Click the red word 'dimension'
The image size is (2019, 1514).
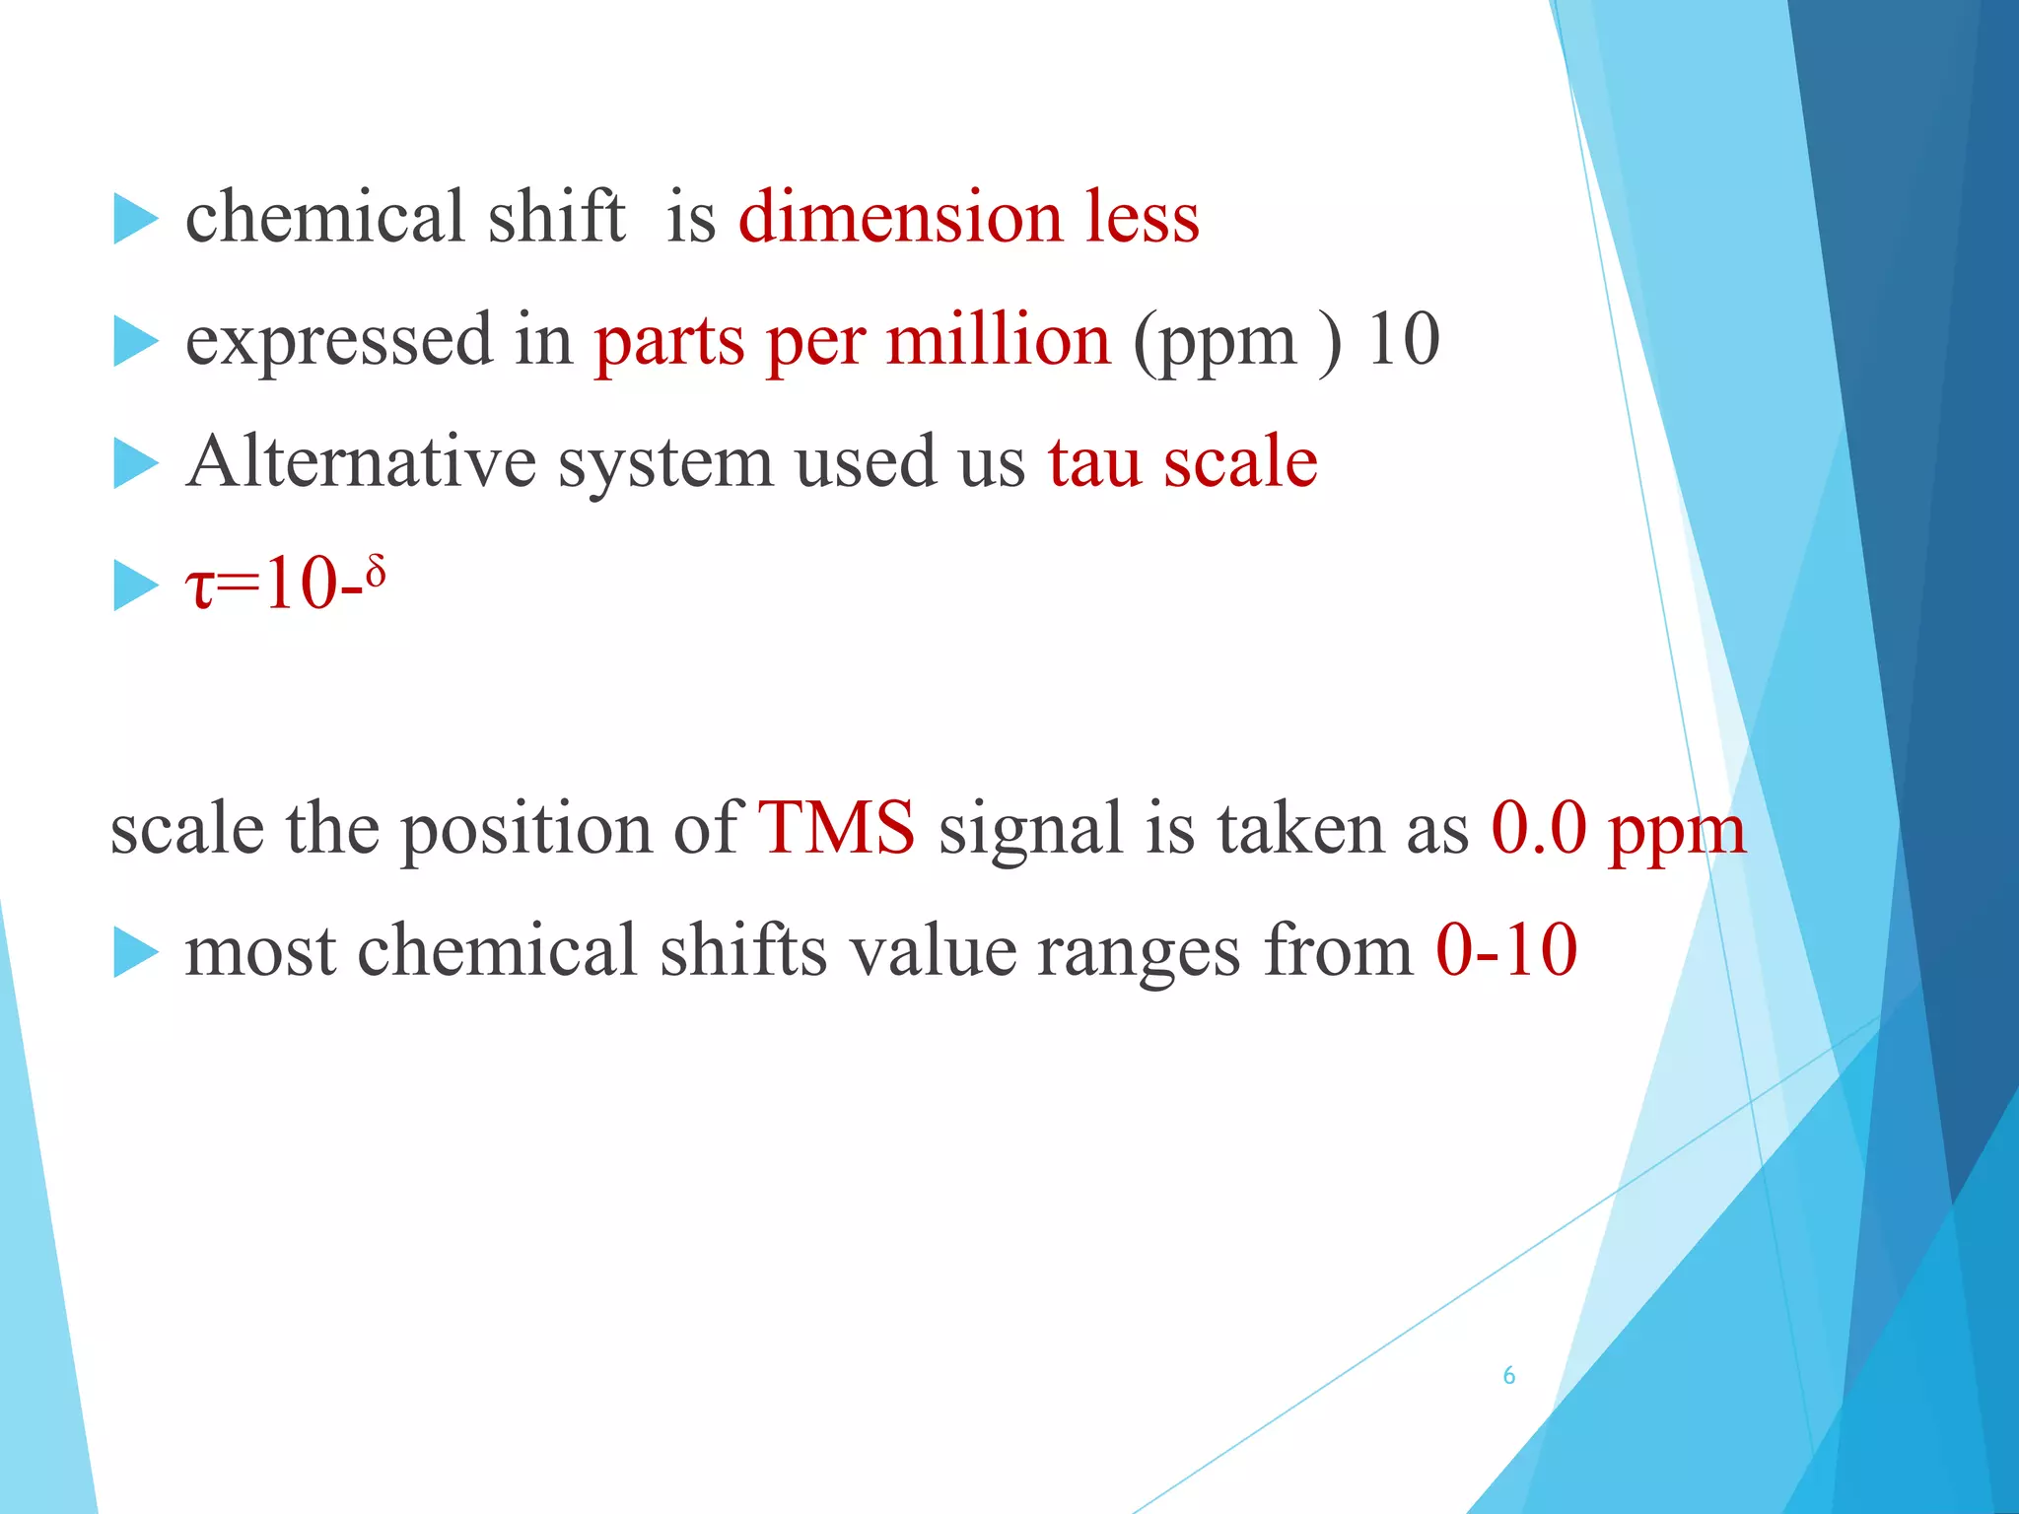pyautogui.click(x=900, y=217)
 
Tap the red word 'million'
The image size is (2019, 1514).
pyautogui.click(x=998, y=340)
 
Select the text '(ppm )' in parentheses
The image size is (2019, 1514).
pyautogui.click(x=1237, y=342)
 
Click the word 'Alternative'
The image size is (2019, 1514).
pyautogui.click(x=361, y=462)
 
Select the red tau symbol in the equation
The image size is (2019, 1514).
pyautogui.click(x=199, y=586)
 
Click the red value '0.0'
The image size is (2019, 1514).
pyautogui.click(x=1538, y=828)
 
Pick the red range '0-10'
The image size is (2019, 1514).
pyautogui.click(x=1505, y=950)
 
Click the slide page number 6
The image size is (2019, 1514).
pyautogui.click(x=1508, y=1376)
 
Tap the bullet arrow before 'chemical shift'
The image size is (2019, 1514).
pyautogui.click(x=135, y=218)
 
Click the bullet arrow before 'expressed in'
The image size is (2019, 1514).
pyautogui.click(x=135, y=341)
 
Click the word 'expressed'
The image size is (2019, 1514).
pyautogui.click(x=339, y=342)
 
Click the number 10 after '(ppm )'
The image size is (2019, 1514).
pyautogui.click(x=1403, y=340)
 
